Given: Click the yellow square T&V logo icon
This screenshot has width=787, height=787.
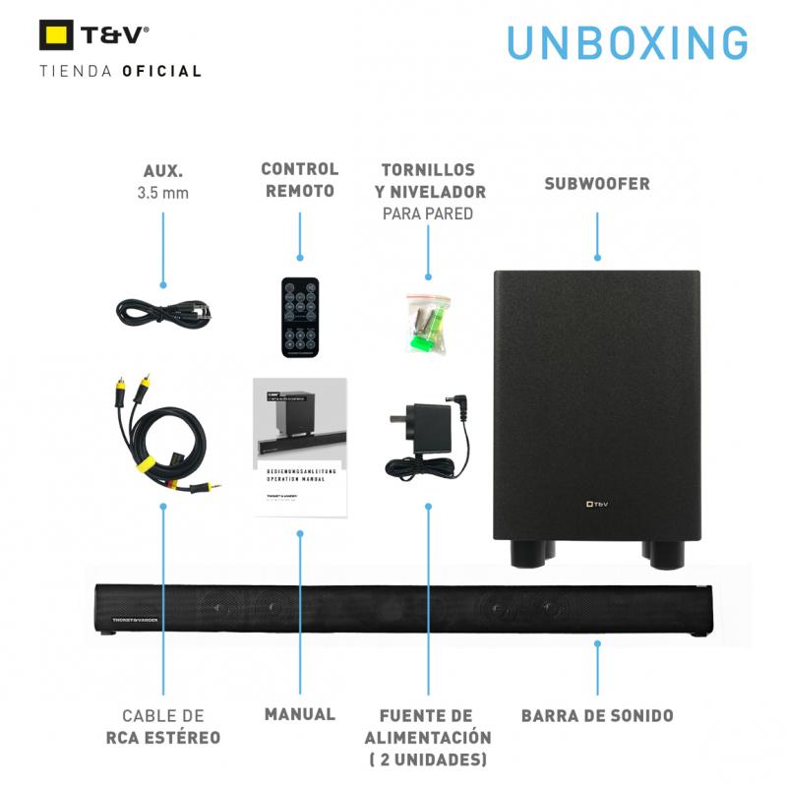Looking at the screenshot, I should click(x=56, y=35).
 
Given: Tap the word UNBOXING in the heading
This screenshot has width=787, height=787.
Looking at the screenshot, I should click(x=628, y=42).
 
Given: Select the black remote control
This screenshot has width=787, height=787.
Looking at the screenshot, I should click(x=300, y=316).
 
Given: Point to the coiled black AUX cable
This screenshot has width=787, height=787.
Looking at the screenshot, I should click(x=162, y=313).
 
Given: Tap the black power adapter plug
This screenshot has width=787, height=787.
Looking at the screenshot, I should click(x=426, y=433).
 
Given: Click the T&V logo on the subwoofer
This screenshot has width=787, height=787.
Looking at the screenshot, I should click(x=596, y=504).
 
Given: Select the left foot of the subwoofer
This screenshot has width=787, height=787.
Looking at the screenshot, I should click(x=529, y=555).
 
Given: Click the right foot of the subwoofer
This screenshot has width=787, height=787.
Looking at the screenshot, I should click(x=662, y=555).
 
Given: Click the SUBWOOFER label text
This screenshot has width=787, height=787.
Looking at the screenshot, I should click(x=597, y=184).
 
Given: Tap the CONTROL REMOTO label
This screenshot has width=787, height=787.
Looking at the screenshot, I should click(x=299, y=180).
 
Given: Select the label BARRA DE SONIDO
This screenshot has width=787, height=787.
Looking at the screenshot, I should click(x=597, y=715).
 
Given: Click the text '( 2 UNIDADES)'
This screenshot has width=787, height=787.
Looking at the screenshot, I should click(x=427, y=759).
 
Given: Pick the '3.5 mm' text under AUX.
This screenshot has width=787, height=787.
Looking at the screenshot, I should click(x=162, y=193).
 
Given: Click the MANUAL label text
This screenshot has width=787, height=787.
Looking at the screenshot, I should click(x=299, y=714).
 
